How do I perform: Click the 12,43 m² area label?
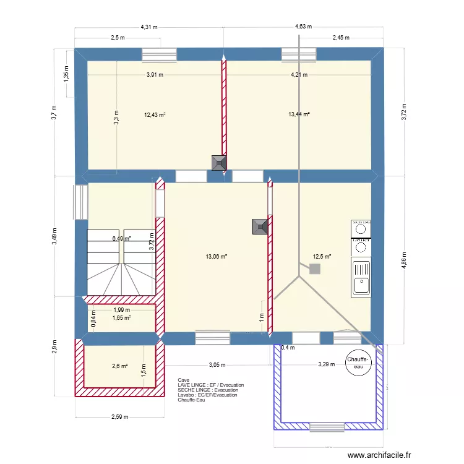(x=155, y=114)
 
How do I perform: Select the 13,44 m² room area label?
(x=299, y=114)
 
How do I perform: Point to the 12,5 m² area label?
(x=322, y=257)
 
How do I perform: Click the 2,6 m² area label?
(x=119, y=366)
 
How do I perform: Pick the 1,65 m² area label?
(x=121, y=318)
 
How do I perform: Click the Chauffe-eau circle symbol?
(x=359, y=363)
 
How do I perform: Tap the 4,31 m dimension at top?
(x=148, y=27)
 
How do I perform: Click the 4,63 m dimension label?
(x=303, y=27)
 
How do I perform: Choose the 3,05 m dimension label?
(x=217, y=364)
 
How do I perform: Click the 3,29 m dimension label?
(x=326, y=364)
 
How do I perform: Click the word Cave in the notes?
(x=183, y=380)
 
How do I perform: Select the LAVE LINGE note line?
(x=210, y=385)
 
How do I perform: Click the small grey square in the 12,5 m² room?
(x=315, y=269)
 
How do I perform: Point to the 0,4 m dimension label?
(x=288, y=348)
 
